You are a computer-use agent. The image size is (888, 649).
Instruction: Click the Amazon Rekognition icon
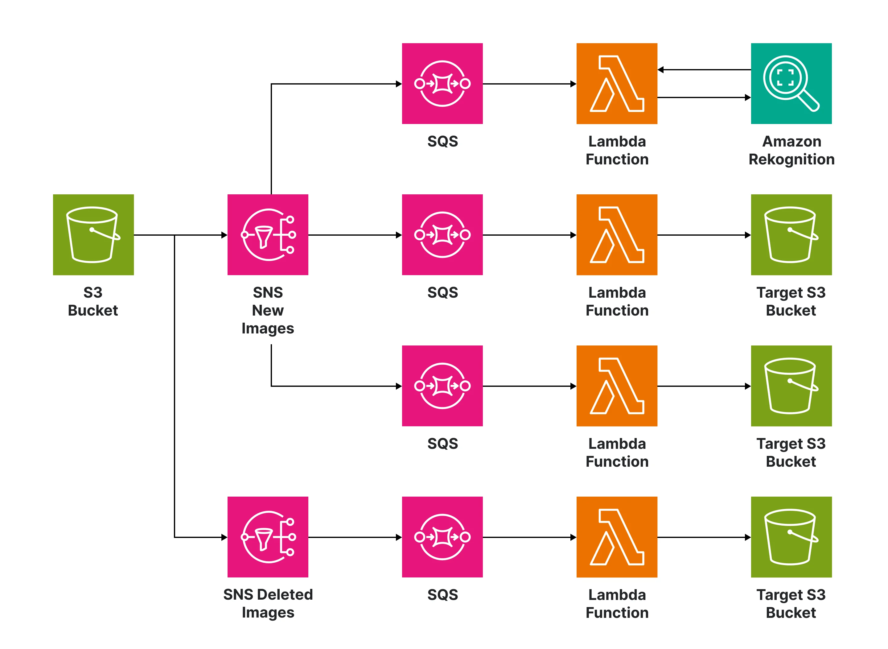tap(791, 83)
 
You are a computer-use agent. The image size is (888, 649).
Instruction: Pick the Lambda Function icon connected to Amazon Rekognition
tap(617, 83)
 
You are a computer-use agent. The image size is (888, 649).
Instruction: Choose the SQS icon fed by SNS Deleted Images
tap(442, 537)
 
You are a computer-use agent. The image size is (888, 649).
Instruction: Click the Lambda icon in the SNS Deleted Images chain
tap(617, 537)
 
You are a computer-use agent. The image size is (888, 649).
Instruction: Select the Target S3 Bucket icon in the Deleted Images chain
tap(791, 537)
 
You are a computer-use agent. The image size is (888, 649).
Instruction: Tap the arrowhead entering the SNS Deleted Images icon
tap(224, 537)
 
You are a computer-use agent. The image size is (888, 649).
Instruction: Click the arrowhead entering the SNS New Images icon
tap(224, 235)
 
